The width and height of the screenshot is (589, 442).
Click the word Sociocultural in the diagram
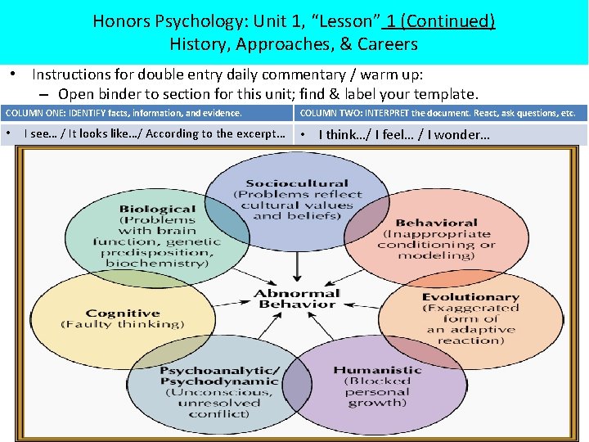296,183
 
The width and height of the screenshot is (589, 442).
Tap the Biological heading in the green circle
156,209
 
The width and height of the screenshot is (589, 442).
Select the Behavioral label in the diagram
436,223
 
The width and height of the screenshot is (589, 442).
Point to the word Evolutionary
470,297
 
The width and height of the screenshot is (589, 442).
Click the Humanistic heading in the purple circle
377,370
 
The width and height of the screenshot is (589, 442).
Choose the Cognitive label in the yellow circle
123,313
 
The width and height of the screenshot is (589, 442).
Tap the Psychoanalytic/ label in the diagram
220,371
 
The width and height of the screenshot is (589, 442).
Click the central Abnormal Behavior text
296,299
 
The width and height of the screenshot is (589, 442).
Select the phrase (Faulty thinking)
123,324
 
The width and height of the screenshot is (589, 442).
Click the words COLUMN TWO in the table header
328,113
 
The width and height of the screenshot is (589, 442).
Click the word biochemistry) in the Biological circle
156,264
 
